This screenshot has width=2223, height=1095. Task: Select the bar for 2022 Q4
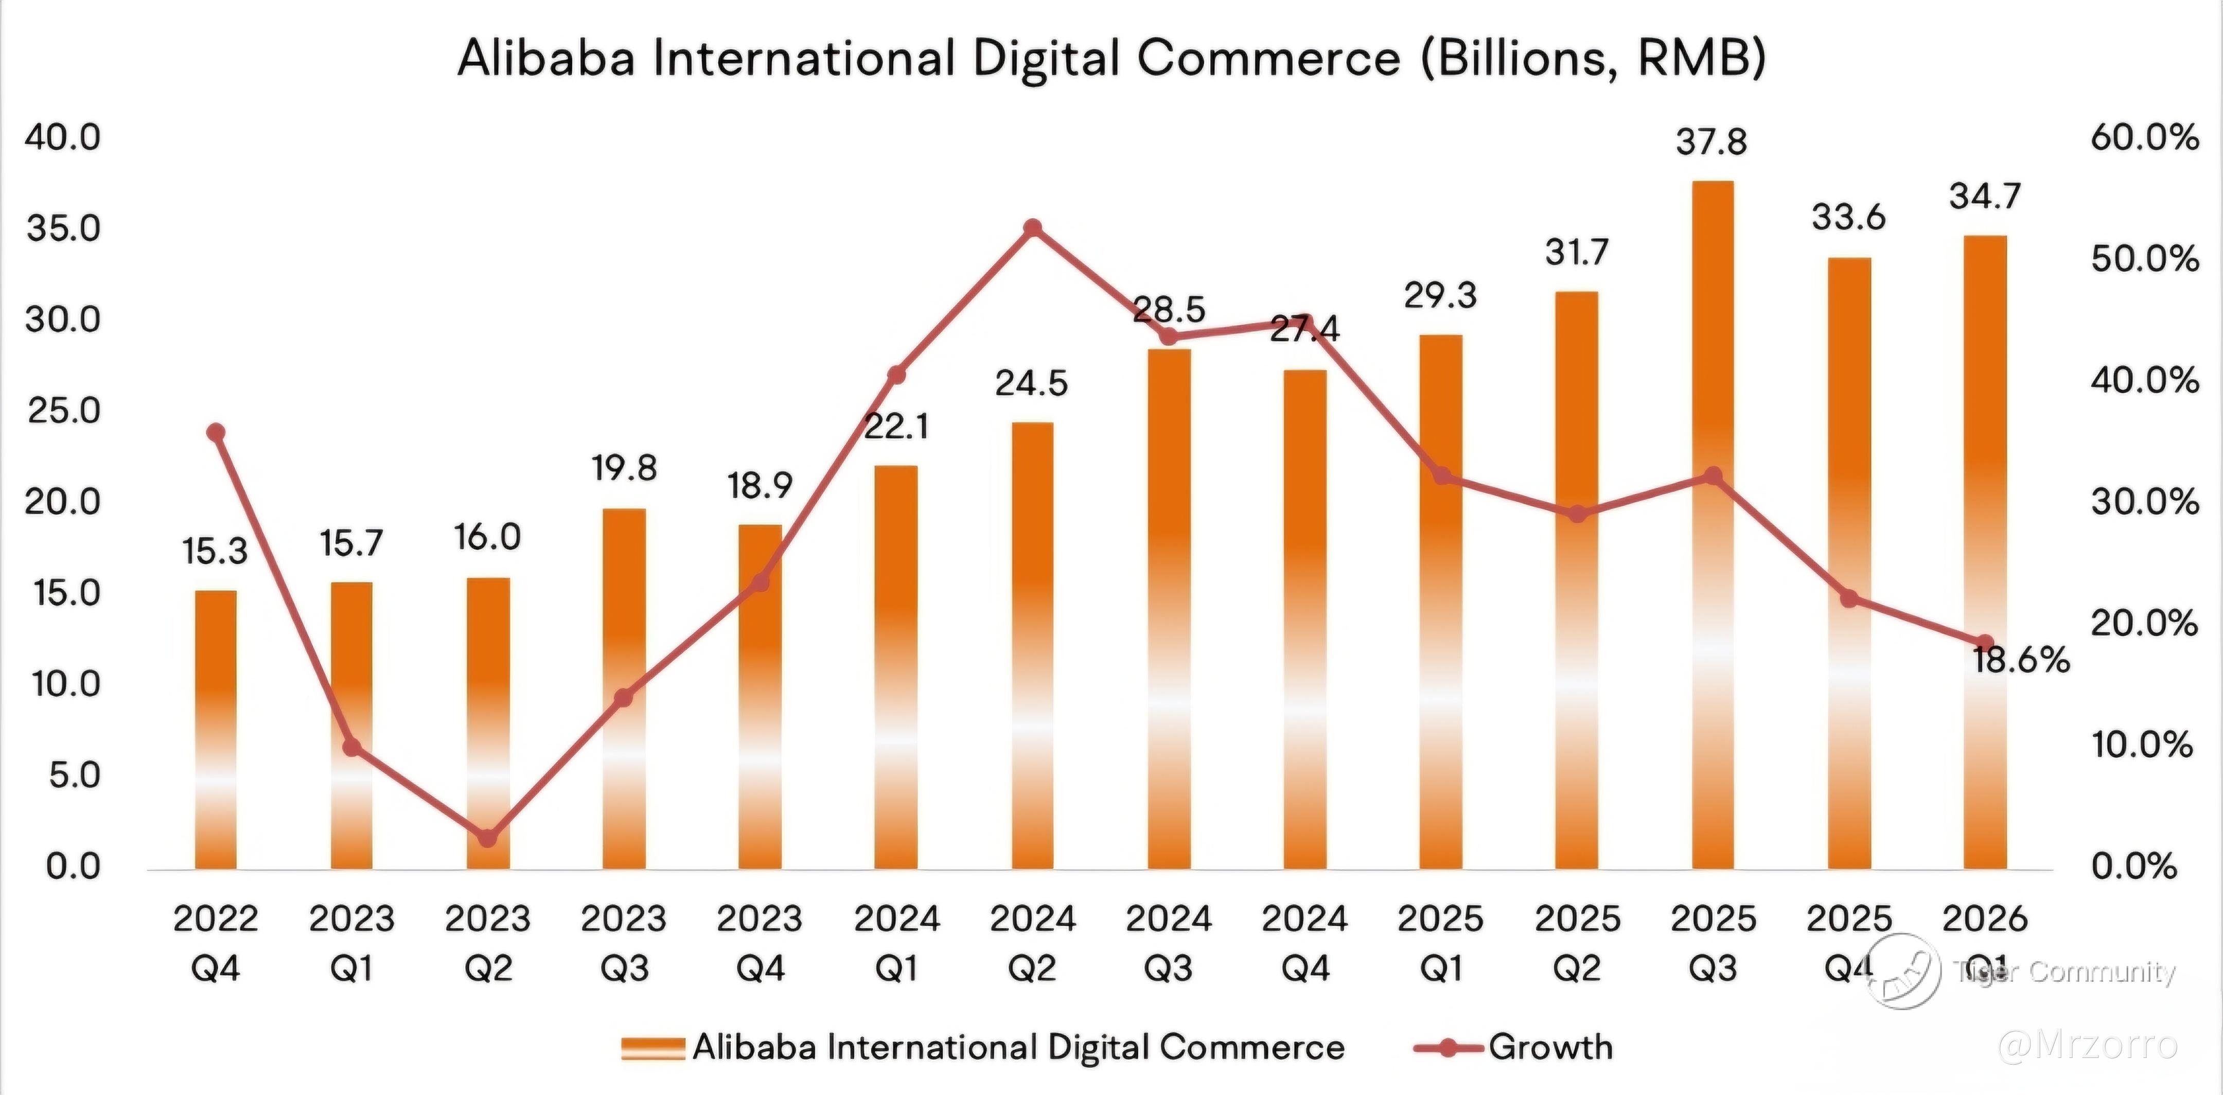[x=216, y=729]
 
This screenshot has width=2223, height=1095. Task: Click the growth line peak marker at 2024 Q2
[x=1033, y=228]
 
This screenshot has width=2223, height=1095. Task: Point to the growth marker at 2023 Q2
[x=488, y=838]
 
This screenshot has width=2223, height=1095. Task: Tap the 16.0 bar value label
[x=488, y=538]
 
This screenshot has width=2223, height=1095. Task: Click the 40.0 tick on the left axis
[x=63, y=137]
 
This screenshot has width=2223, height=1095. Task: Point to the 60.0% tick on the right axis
[x=2144, y=137]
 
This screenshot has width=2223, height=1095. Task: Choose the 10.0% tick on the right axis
[x=2142, y=745]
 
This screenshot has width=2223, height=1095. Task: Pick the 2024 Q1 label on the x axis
[x=896, y=943]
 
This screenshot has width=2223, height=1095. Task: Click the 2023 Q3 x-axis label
[x=624, y=943]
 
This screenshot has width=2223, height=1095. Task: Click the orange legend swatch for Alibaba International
[x=654, y=1048]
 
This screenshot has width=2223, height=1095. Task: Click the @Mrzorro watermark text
[x=2088, y=1045]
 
